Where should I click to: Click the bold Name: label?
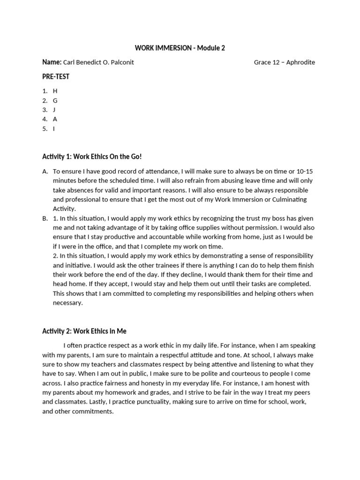pos(52,62)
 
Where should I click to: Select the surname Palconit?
pos(120,62)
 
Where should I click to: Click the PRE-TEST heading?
pos(56,76)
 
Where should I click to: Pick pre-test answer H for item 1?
pos(55,91)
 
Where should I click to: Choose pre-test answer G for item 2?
pos(55,100)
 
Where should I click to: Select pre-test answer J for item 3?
pos(54,110)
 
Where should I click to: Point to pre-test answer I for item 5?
pos(54,128)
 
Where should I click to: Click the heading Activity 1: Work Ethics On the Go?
pos(92,156)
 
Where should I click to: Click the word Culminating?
pos(287,199)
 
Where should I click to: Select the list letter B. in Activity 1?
pos(45,218)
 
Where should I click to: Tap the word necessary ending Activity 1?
pos(67,303)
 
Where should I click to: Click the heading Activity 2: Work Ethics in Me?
pos(84,331)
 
